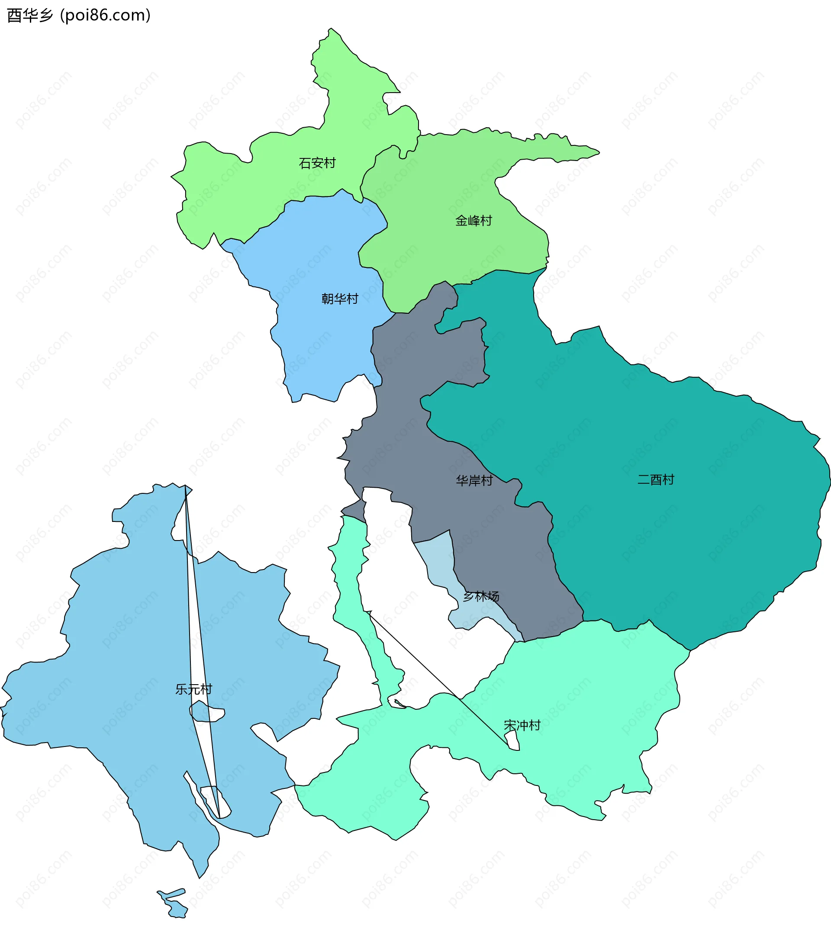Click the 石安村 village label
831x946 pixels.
[317, 163]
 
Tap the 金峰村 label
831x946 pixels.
[473, 221]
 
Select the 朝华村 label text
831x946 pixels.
[340, 299]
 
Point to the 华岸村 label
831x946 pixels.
[474, 480]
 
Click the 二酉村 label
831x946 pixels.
[656, 479]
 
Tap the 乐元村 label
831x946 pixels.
[193, 689]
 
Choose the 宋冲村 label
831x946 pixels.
[522, 725]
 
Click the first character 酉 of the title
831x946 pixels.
[14, 15]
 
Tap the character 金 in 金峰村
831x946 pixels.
[461, 221]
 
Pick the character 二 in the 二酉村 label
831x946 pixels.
[644, 479]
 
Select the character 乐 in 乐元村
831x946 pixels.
[181, 689]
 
